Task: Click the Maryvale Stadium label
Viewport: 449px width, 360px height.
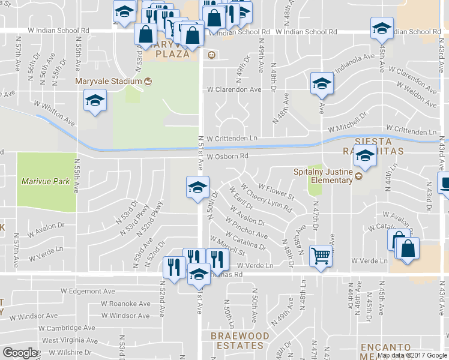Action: point(109,82)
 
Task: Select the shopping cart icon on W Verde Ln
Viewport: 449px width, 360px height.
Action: point(321,257)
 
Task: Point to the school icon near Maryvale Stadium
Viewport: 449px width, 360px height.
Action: point(95,101)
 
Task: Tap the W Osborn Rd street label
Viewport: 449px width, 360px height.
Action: point(228,156)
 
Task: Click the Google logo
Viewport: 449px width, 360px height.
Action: point(20,353)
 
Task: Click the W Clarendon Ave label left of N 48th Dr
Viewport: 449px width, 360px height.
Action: point(234,89)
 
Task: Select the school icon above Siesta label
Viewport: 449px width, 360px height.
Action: point(364,157)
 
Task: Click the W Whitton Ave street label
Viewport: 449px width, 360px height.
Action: point(55,112)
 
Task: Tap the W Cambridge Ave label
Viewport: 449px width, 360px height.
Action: point(67,328)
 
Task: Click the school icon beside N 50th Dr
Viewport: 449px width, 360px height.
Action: point(197,188)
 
